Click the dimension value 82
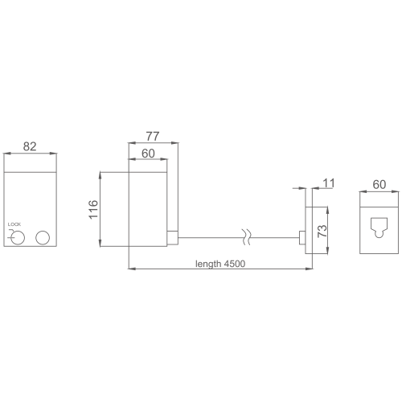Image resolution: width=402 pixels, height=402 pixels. click(30, 146)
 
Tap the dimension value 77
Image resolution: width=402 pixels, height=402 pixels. click(153, 136)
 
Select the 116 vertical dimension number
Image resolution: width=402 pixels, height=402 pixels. click(93, 209)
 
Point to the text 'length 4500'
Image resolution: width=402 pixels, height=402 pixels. click(220, 264)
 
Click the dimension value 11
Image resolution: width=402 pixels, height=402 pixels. click(329, 183)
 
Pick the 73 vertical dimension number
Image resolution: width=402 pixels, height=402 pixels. click(322, 231)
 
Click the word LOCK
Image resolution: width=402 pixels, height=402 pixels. click(14, 224)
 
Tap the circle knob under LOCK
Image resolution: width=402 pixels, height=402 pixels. click(18, 238)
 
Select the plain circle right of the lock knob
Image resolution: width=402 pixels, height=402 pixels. click(43, 238)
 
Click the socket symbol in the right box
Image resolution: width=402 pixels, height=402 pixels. click(379, 227)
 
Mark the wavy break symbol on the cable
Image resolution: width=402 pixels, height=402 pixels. click(247, 237)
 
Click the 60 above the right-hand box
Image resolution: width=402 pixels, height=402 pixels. click(379, 185)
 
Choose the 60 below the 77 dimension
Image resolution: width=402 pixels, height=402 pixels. click(148, 154)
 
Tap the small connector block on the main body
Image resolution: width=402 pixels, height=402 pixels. click(173, 238)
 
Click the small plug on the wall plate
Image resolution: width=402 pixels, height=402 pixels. click(302, 238)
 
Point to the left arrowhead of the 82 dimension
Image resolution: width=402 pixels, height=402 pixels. click(6, 154)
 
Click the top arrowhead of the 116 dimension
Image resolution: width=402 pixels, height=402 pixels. click(100, 175)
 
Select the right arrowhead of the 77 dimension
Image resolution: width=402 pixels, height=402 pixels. click(175, 143)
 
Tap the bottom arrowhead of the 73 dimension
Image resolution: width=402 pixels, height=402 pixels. click(327, 251)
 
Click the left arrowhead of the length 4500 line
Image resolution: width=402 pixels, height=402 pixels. click(132, 269)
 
